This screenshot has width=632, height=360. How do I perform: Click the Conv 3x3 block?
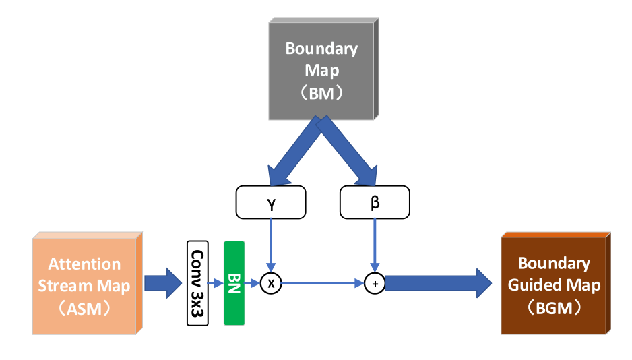[197, 283]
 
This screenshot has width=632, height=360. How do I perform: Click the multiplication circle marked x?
[271, 284]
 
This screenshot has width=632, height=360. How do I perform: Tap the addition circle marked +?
[375, 284]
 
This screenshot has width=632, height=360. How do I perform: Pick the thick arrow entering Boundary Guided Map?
[438, 283]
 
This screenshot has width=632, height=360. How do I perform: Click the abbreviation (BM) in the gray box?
[321, 92]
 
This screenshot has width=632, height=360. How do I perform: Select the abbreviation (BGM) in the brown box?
[554, 307]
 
